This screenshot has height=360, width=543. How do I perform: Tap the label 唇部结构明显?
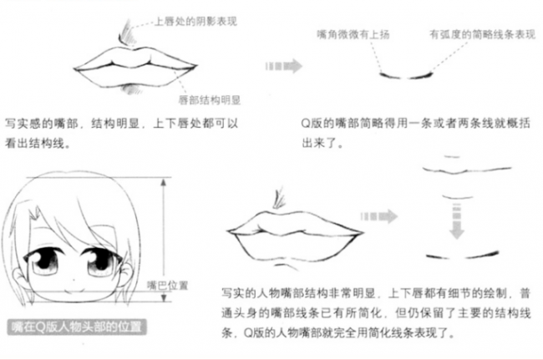tap(209, 99)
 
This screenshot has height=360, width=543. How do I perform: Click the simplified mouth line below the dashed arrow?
tap(459, 252)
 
